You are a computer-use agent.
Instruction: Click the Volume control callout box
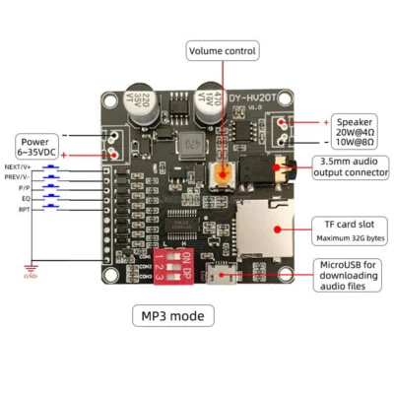pyautogui.click(x=224, y=50)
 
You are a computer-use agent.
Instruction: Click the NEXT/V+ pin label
pyautogui.click(x=17, y=167)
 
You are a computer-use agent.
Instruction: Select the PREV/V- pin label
pyautogui.click(x=17, y=177)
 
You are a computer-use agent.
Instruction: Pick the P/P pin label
pyautogui.click(x=22, y=188)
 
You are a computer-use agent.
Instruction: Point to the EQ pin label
pyautogui.click(x=24, y=198)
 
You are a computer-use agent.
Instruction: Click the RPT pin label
pyautogui.click(x=23, y=209)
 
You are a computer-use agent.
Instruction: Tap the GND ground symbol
pyautogui.click(x=32, y=270)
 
